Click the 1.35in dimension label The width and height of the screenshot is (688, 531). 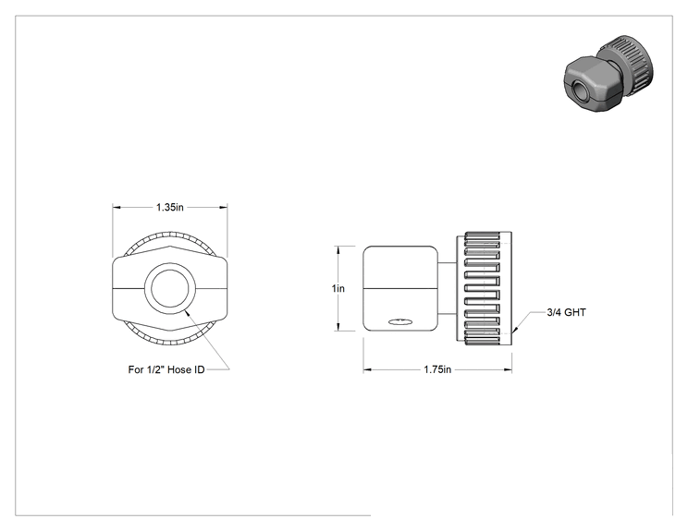coord(170,207)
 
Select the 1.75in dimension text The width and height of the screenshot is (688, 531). coord(437,369)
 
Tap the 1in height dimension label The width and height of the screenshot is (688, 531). coord(338,289)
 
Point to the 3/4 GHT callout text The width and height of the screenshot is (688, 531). coord(566,312)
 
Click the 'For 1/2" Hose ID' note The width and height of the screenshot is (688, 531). coord(166,369)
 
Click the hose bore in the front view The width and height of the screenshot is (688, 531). coord(170,289)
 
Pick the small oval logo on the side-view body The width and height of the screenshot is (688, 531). coord(400,322)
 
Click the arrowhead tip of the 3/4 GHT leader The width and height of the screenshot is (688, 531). coord(513,333)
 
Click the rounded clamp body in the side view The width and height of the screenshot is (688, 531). coord(400,288)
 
